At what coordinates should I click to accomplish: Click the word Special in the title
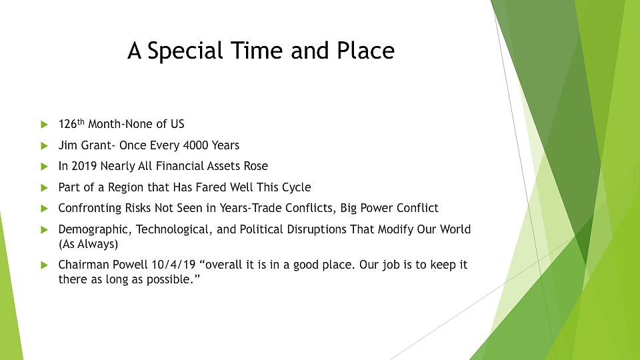(x=185, y=51)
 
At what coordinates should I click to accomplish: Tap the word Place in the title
(x=365, y=51)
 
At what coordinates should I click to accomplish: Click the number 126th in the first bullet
(x=71, y=123)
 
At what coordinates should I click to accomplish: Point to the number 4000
(x=195, y=145)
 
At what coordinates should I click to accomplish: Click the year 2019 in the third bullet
(x=84, y=166)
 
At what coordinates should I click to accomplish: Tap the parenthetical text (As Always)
(x=88, y=244)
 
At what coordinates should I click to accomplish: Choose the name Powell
(x=130, y=265)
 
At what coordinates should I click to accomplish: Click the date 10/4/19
(x=174, y=265)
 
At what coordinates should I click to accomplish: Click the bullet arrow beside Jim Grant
(x=45, y=145)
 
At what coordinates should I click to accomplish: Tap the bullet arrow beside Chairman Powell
(x=45, y=265)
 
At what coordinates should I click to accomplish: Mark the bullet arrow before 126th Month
(x=45, y=124)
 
